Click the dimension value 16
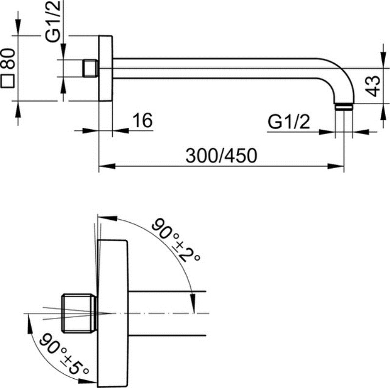pos(142,120)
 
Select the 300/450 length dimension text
pos(221,155)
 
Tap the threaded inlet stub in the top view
pos(90,68)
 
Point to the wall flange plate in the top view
pos(106,68)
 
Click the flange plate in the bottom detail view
pos(113,312)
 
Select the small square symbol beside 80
pos(8,81)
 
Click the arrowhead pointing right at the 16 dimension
pos(93,131)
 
